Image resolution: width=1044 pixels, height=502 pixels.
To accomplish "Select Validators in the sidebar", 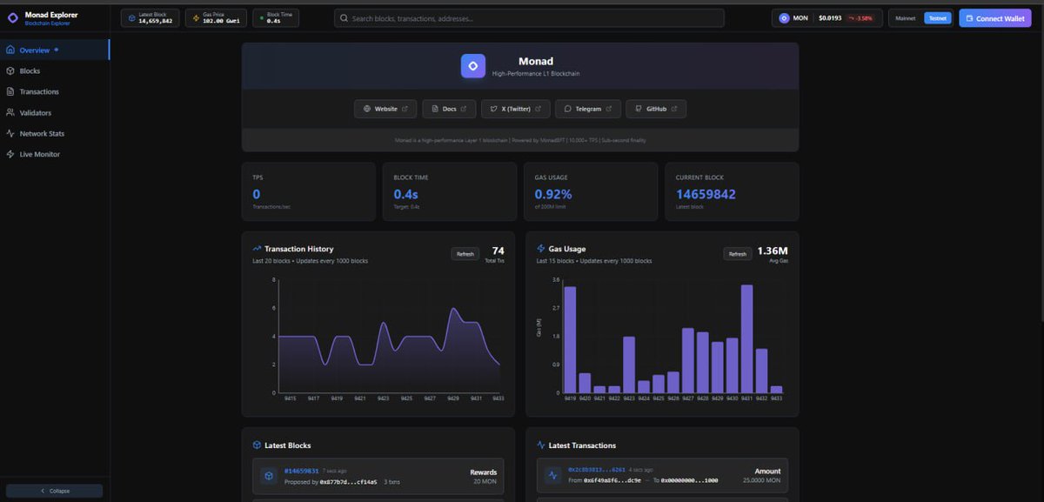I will pyautogui.click(x=35, y=113).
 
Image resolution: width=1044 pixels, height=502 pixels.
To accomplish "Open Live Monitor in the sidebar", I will pyautogui.click(x=39, y=155).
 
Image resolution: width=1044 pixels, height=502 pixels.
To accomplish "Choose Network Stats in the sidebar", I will pyautogui.click(x=42, y=134).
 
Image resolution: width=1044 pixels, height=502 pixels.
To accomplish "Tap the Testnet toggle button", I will pyautogui.click(x=938, y=18).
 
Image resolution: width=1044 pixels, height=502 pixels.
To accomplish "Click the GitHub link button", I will pyautogui.click(x=656, y=109).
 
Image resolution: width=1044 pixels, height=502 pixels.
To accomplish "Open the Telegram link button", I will pyautogui.click(x=588, y=109).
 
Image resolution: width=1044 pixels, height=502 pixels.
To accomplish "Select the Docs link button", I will pyautogui.click(x=449, y=109).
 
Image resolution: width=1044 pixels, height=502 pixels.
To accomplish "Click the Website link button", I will pyautogui.click(x=385, y=109).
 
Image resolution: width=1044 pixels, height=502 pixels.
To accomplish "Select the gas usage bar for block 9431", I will pyautogui.click(x=746, y=338).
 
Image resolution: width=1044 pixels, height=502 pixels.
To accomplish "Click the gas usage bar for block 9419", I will pyautogui.click(x=570, y=339).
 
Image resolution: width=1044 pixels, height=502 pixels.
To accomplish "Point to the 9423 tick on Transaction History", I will pyautogui.click(x=384, y=398).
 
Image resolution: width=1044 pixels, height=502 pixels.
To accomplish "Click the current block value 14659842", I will pyautogui.click(x=706, y=194).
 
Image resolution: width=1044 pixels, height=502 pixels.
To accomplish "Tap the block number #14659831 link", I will pyautogui.click(x=301, y=471).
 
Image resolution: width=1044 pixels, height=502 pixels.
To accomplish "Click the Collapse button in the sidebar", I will pyautogui.click(x=54, y=491).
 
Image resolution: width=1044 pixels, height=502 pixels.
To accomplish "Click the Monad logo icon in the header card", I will pyautogui.click(x=473, y=66).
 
